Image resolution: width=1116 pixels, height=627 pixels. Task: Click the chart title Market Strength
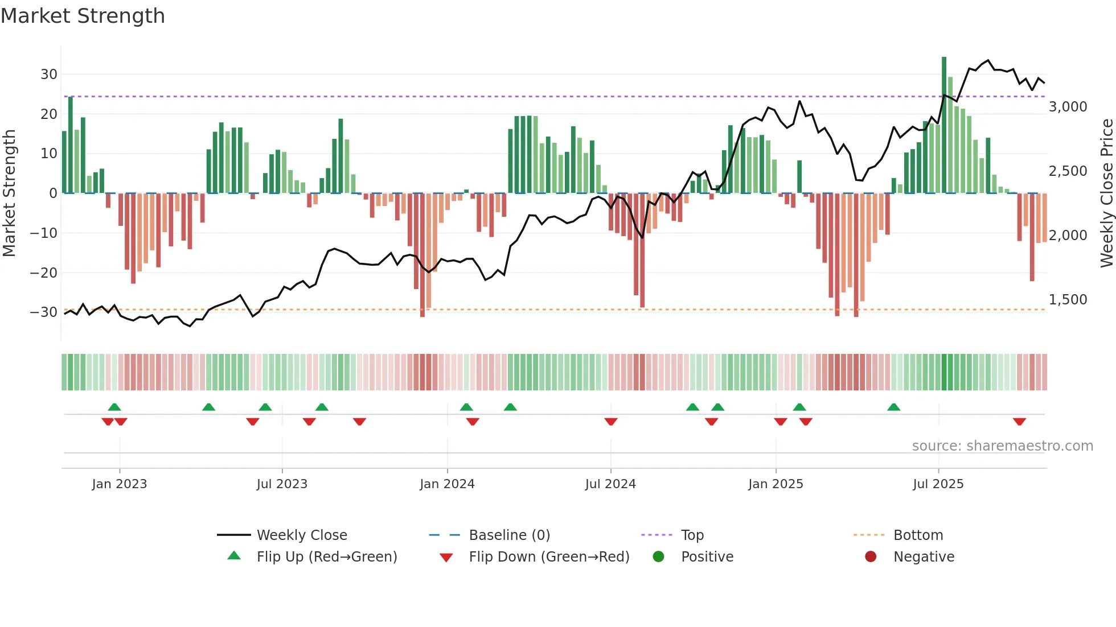click(83, 16)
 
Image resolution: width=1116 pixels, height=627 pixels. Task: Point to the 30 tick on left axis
click(48, 75)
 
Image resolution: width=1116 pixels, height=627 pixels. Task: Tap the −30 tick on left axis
click(44, 312)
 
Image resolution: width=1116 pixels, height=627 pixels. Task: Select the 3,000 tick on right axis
click(1068, 107)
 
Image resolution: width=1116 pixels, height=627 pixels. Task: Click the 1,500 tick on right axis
click(1068, 300)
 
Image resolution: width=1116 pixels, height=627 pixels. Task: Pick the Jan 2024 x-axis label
click(447, 484)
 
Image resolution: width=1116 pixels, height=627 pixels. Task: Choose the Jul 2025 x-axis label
click(938, 484)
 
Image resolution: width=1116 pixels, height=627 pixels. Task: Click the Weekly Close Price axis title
click(1106, 193)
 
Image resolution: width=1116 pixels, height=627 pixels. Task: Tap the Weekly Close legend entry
click(301, 535)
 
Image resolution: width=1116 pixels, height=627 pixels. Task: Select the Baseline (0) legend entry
click(509, 535)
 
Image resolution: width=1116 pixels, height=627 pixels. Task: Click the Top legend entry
click(692, 535)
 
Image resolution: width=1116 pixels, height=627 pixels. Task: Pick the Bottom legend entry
click(918, 535)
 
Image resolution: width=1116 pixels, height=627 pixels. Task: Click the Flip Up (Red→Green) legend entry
click(326, 557)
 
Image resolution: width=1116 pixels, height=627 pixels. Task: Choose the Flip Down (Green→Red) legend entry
click(549, 557)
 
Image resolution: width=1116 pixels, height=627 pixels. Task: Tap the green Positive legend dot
click(658, 556)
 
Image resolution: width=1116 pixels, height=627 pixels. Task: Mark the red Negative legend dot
click(871, 556)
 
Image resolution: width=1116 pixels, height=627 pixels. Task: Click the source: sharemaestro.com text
click(1002, 446)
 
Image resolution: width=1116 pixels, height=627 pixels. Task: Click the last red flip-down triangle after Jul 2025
click(1019, 422)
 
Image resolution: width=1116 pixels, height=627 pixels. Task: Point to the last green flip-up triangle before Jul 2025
click(893, 407)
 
